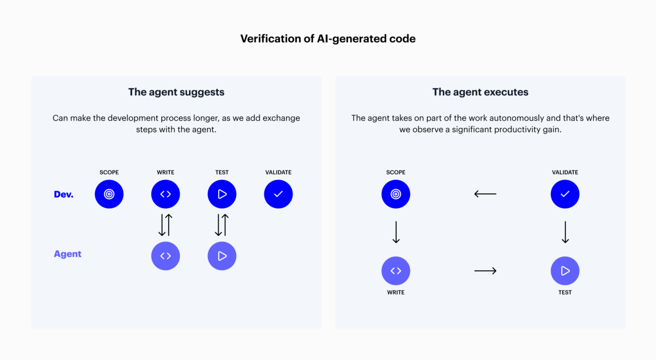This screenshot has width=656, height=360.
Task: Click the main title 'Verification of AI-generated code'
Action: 328,39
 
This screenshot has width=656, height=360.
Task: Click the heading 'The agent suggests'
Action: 176,92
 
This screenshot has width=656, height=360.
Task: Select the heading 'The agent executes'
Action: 480,92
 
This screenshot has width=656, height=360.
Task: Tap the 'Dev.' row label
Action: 64,194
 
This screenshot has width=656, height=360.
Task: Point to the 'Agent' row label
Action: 67,254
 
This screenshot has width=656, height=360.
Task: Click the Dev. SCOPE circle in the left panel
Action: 109,194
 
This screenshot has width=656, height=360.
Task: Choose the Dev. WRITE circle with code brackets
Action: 165,194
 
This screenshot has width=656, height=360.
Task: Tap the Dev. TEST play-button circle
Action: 222,194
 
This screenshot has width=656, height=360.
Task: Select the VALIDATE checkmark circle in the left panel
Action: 278,194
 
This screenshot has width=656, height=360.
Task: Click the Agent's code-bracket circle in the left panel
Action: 165,256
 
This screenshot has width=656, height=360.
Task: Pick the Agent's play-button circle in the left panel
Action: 222,256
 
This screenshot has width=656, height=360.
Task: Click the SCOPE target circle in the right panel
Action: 395,194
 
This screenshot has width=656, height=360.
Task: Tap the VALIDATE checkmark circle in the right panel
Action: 565,194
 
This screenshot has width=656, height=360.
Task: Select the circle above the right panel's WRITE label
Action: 395,271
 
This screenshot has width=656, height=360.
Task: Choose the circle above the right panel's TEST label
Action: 565,271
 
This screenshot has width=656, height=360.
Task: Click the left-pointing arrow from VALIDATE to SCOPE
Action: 485,194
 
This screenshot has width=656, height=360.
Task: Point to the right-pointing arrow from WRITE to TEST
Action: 485,271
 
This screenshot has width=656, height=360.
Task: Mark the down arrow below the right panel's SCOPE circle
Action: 396,232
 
